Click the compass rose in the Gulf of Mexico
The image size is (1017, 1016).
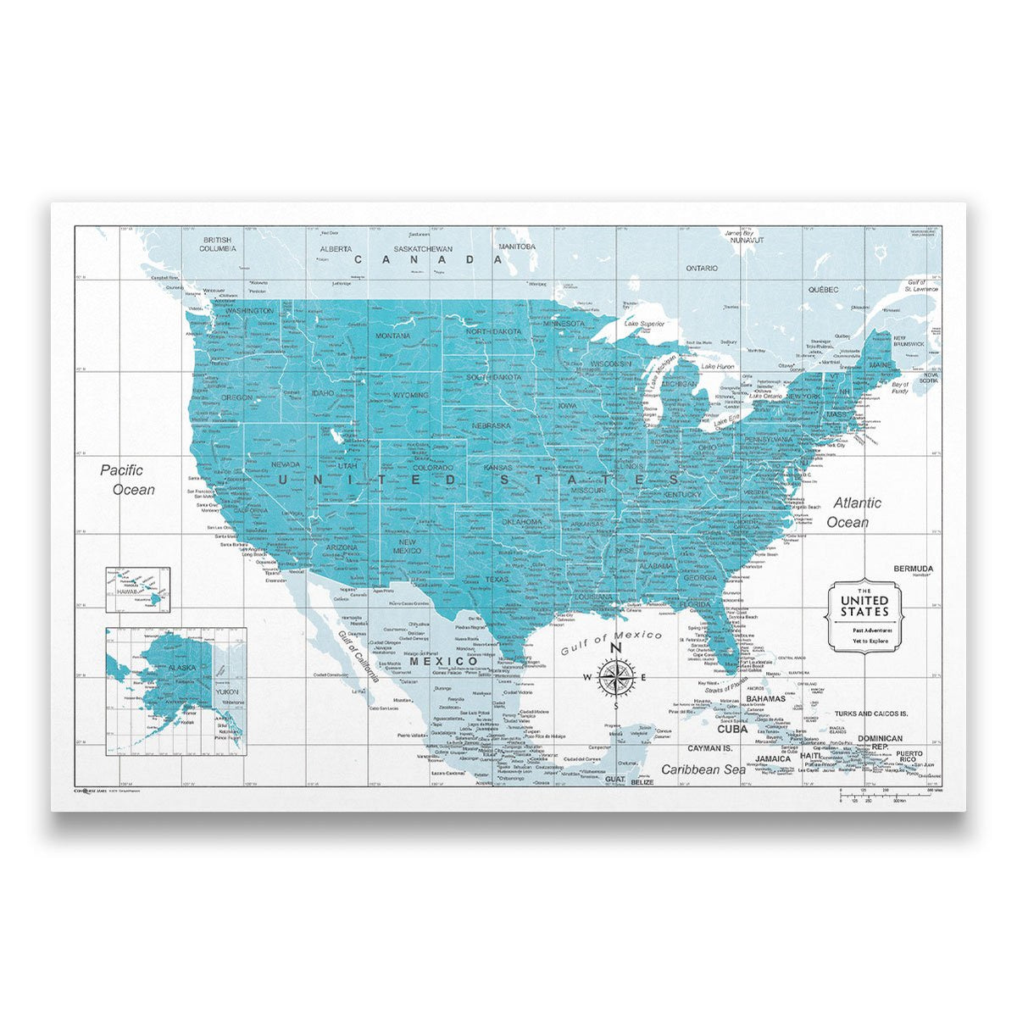[x=617, y=675]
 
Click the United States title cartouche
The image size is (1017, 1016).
[x=864, y=617]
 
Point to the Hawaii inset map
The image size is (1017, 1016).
[x=137, y=589]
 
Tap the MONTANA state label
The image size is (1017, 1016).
[x=393, y=336]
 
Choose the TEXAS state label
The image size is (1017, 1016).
[x=497, y=580]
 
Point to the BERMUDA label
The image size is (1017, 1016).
[x=913, y=568]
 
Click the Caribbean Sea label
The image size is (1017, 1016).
[x=703, y=769]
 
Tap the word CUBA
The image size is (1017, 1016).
[x=732, y=729]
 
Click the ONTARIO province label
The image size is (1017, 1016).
[x=702, y=268]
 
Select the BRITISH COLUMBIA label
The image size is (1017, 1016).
[x=217, y=245]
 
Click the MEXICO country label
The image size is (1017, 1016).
[x=444, y=661]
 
